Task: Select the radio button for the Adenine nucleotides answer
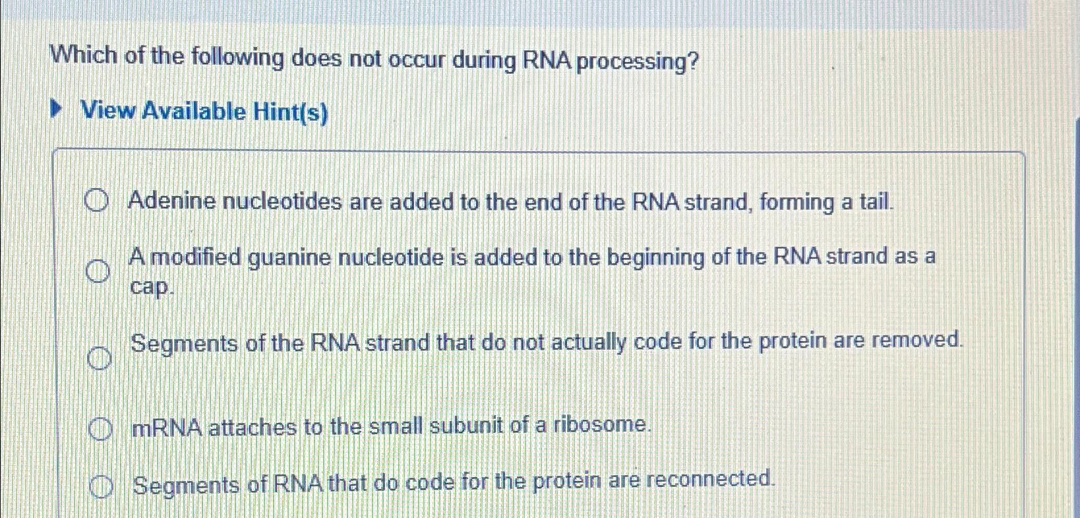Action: (x=96, y=201)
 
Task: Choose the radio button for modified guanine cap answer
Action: (x=98, y=271)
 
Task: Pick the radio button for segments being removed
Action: (x=99, y=358)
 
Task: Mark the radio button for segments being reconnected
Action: (x=102, y=487)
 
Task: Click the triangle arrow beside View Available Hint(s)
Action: (x=58, y=109)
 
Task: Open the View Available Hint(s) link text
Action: (x=204, y=112)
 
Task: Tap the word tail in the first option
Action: (x=876, y=201)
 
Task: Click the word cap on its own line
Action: (x=151, y=287)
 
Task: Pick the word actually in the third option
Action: (x=588, y=343)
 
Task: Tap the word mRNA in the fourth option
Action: (x=167, y=428)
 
